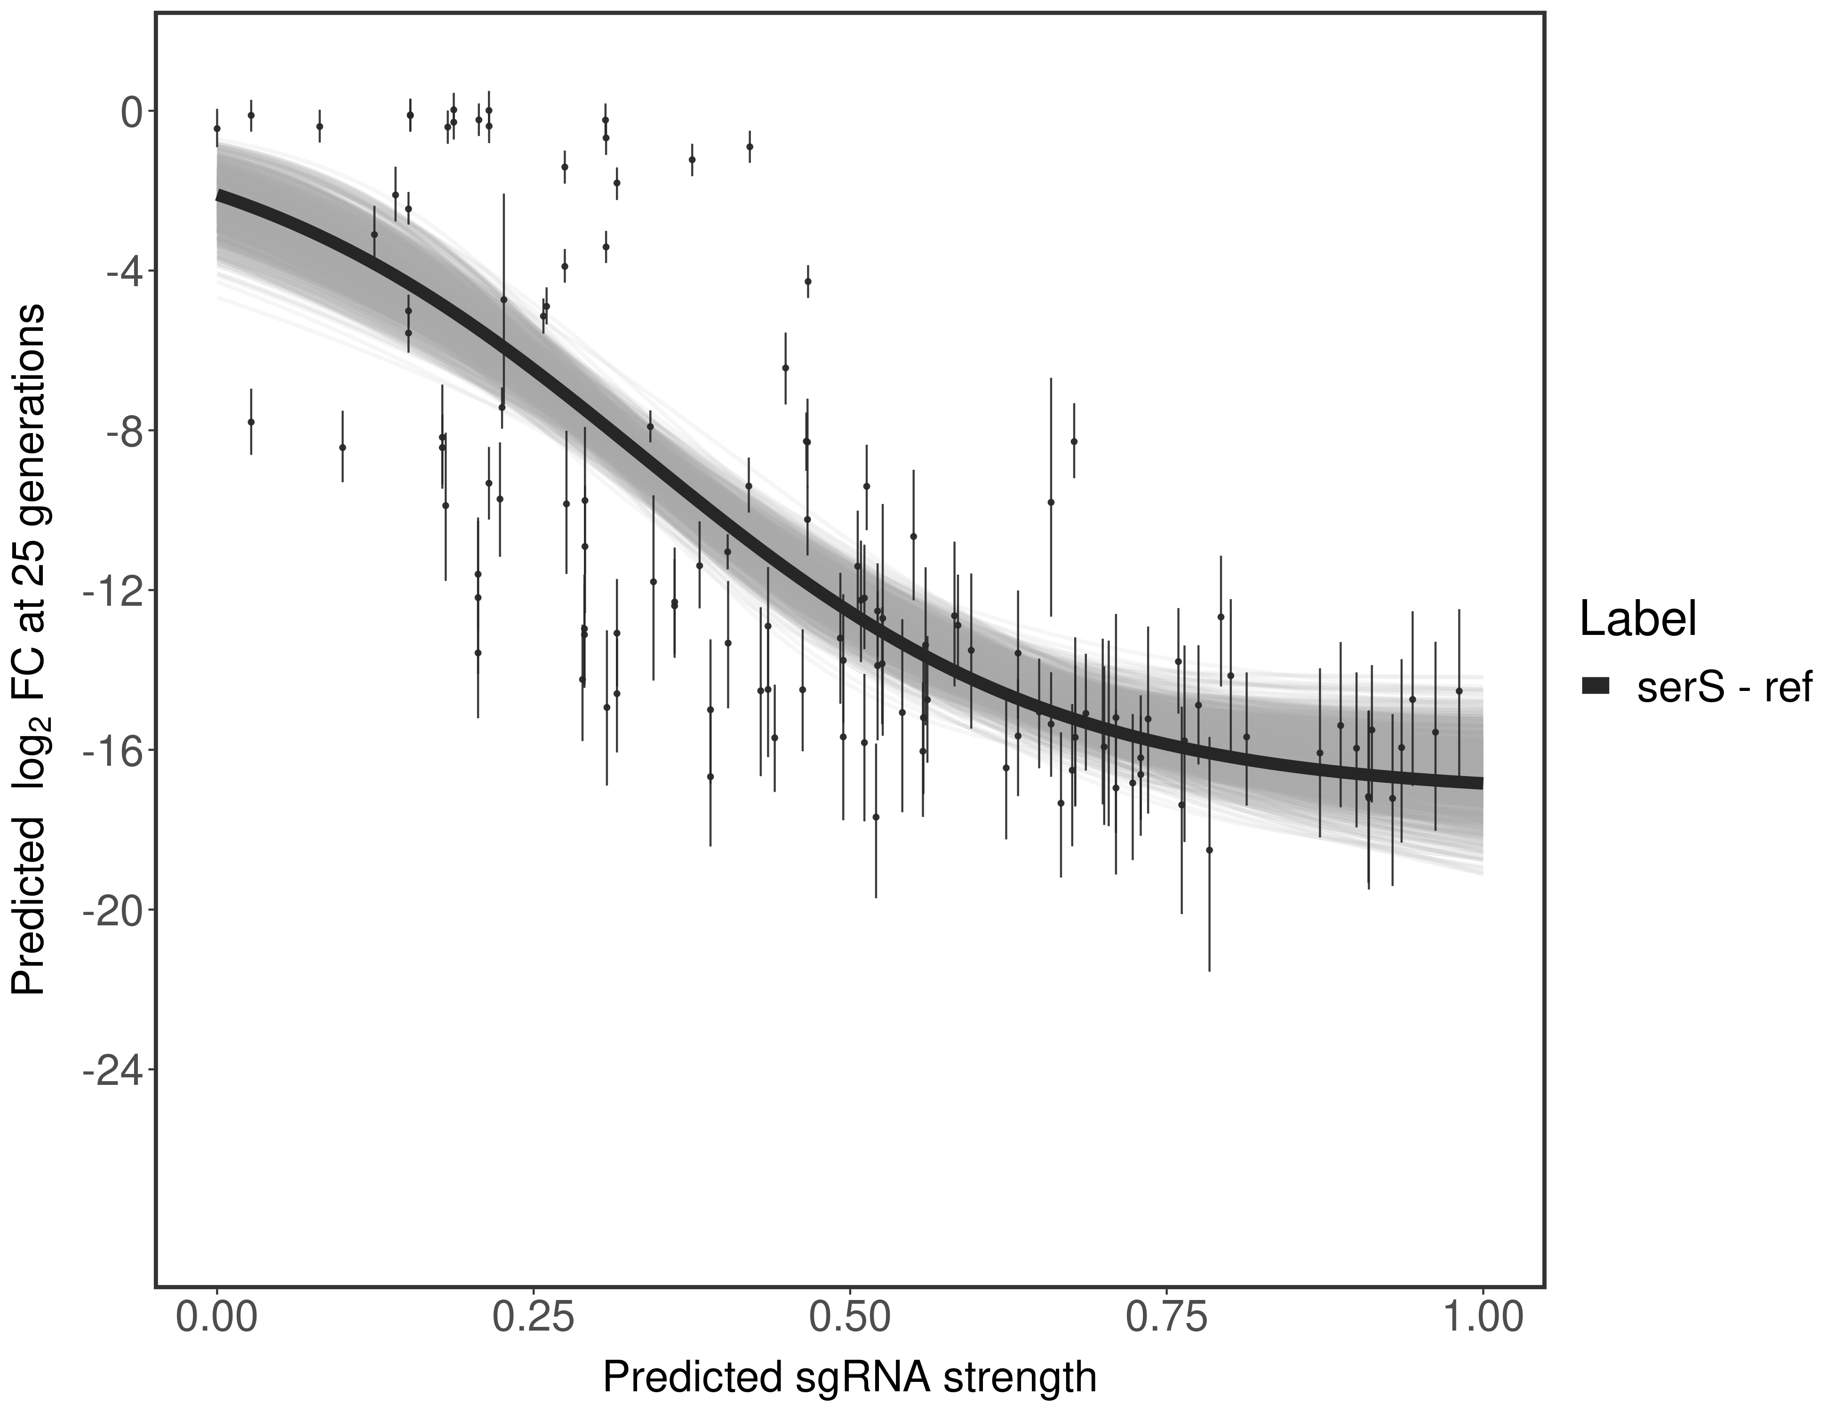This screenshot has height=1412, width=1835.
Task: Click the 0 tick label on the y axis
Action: [x=130, y=112]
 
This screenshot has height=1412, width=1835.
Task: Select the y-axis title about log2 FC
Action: [x=29, y=651]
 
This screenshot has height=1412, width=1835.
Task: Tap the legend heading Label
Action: [x=1637, y=620]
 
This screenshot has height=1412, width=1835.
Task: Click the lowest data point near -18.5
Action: [x=1209, y=850]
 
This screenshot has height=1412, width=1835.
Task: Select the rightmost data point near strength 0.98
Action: [x=1459, y=691]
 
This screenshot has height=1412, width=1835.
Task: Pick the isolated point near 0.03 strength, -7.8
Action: [x=250, y=422]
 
